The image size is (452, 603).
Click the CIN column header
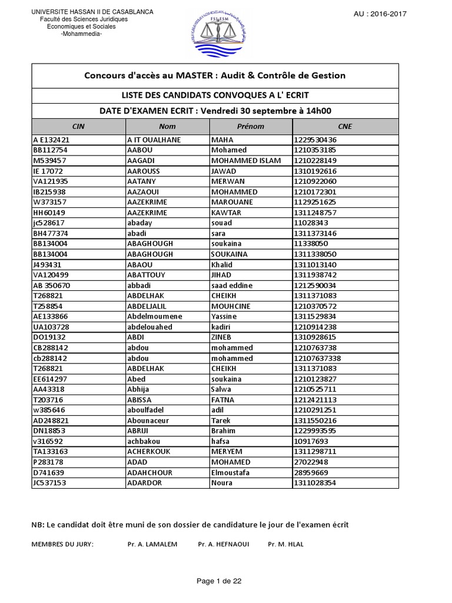[78, 127]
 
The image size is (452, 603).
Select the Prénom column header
[250, 127]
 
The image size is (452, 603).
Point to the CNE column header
[345, 127]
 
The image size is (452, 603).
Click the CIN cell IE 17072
[48, 171]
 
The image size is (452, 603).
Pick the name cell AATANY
[144, 181]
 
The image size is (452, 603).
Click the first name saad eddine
[232, 286]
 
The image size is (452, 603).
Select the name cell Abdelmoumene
[155, 317]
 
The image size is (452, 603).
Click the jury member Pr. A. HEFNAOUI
[224, 545]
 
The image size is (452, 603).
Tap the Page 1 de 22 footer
[219, 581]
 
